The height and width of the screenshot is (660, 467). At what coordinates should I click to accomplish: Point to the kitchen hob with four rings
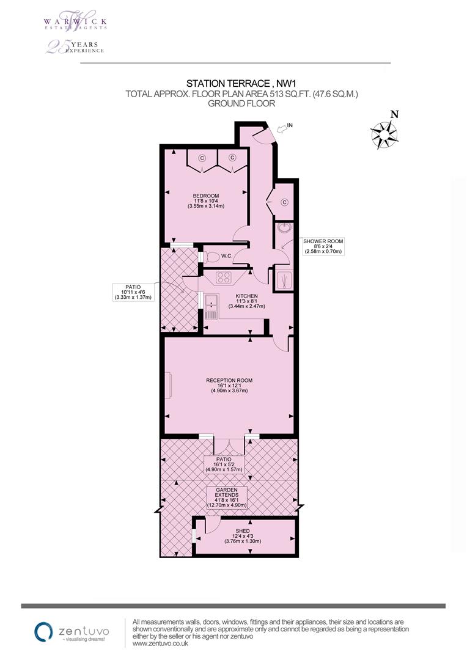tap(224, 278)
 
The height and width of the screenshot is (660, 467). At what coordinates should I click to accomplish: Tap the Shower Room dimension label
tap(324, 246)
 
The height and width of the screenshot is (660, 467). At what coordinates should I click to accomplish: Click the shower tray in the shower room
tap(284, 279)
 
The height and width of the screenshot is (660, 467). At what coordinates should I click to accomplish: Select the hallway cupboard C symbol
tap(285, 202)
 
